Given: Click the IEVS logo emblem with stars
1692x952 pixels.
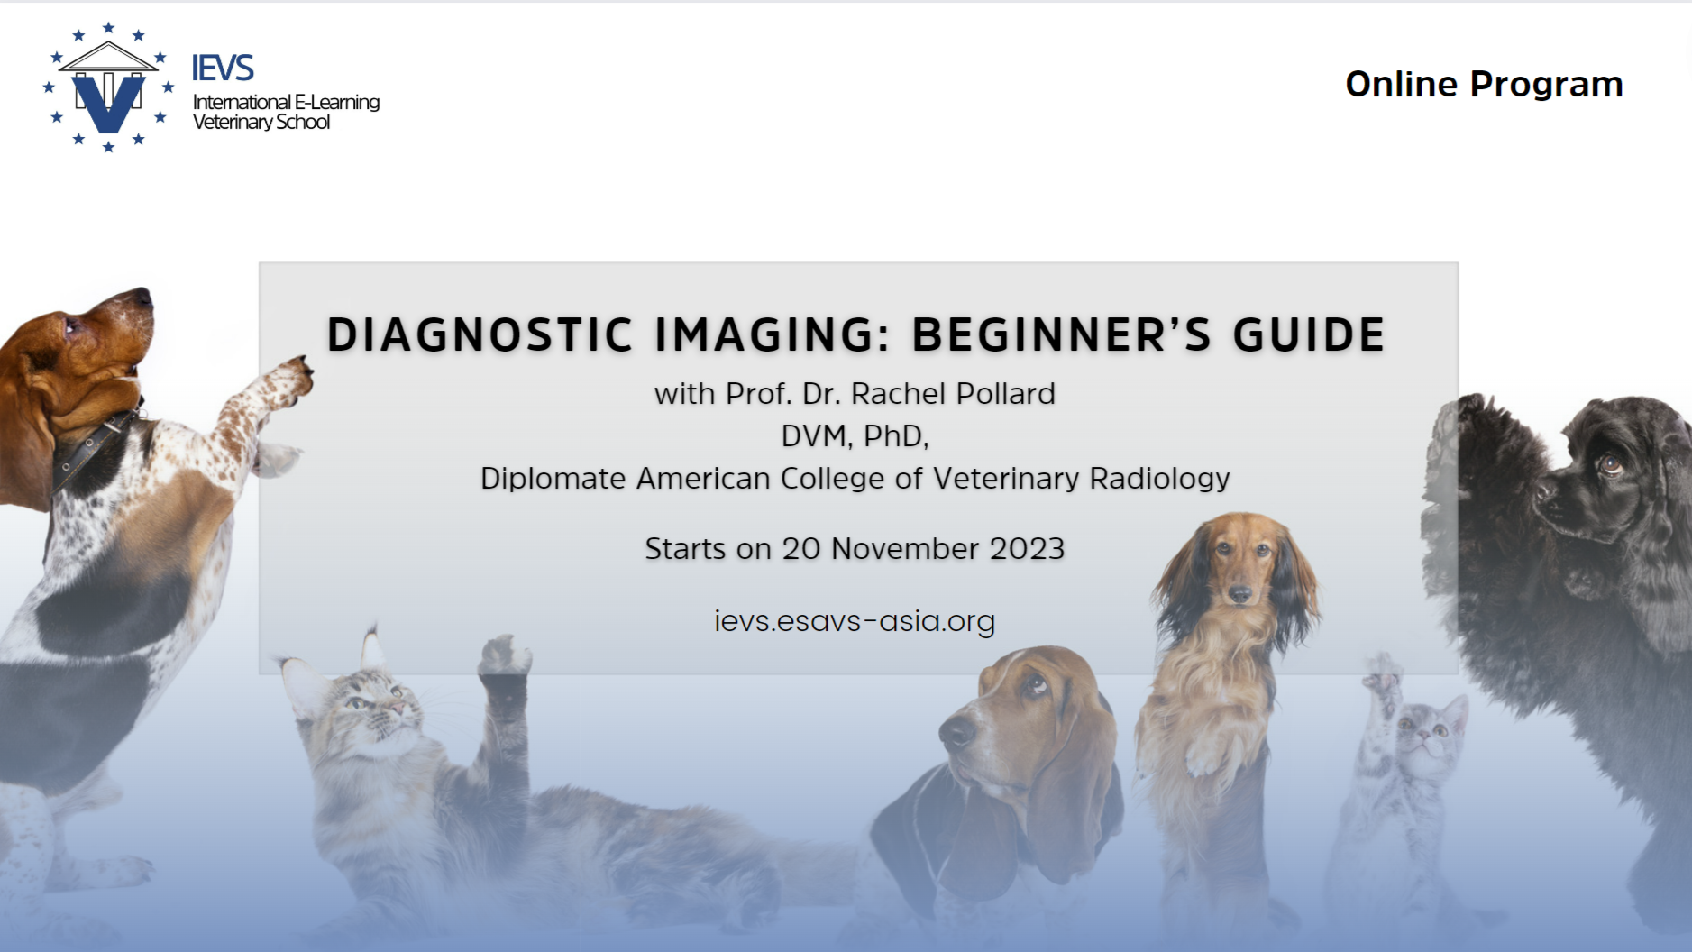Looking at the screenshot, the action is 108,87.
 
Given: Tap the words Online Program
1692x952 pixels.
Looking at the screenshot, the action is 1484,84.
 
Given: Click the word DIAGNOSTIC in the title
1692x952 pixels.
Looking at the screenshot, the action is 480,334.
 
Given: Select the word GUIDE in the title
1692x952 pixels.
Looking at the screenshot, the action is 1309,334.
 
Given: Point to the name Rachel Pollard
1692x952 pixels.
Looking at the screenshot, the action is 953,394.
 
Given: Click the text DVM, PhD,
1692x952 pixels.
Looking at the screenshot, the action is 855,436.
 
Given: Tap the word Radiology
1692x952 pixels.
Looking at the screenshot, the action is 1159,479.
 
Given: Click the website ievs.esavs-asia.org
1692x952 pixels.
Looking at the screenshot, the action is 855,621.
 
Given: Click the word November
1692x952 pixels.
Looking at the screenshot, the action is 904,549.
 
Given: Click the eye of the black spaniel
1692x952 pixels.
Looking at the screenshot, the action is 1609,465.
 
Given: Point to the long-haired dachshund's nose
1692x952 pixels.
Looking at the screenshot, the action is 1240,593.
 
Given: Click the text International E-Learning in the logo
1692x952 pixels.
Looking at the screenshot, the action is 286,102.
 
